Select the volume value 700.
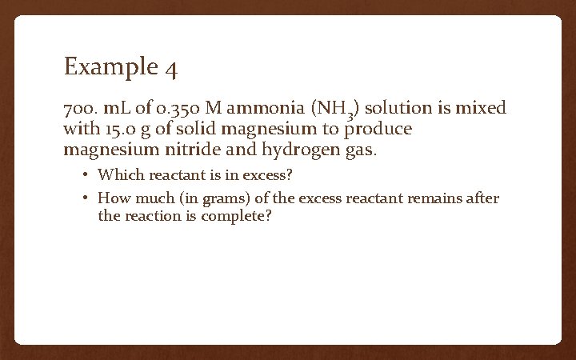coord(80,107)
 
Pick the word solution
coord(398,107)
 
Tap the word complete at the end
coord(240,216)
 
